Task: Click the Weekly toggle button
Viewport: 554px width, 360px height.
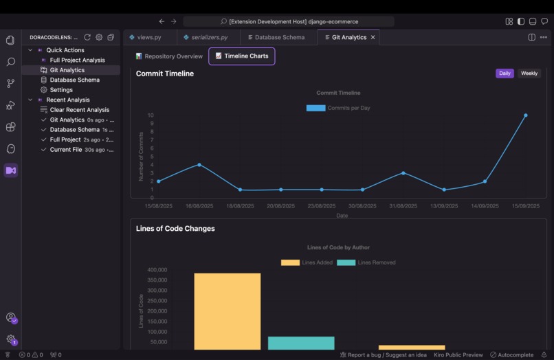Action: click(529, 74)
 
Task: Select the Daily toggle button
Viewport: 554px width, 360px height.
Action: click(505, 74)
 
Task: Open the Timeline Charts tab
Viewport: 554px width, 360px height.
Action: click(242, 56)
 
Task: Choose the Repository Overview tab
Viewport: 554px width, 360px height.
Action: click(169, 56)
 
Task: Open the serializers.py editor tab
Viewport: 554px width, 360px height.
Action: click(206, 37)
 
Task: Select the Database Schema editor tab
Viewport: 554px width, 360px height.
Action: click(276, 37)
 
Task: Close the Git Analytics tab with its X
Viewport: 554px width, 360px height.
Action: click(373, 37)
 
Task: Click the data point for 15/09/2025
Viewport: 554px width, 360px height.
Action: click(526, 115)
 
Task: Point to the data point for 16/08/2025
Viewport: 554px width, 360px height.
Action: click(199, 165)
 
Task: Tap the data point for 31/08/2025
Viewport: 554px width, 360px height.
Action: click(403, 173)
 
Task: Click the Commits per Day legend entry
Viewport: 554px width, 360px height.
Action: click(338, 108)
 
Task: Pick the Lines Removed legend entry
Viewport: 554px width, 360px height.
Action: click(366, 262)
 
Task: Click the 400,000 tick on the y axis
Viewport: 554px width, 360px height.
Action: click(157, 270)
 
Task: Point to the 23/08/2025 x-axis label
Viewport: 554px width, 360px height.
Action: click(322, 206)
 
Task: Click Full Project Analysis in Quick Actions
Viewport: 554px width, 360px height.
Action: click(77, 60)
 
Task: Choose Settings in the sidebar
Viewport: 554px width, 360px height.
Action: click(61, 90)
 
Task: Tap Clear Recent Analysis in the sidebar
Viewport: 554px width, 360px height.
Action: click(79, 110)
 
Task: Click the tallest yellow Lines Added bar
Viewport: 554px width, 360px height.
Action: click(228, 309)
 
